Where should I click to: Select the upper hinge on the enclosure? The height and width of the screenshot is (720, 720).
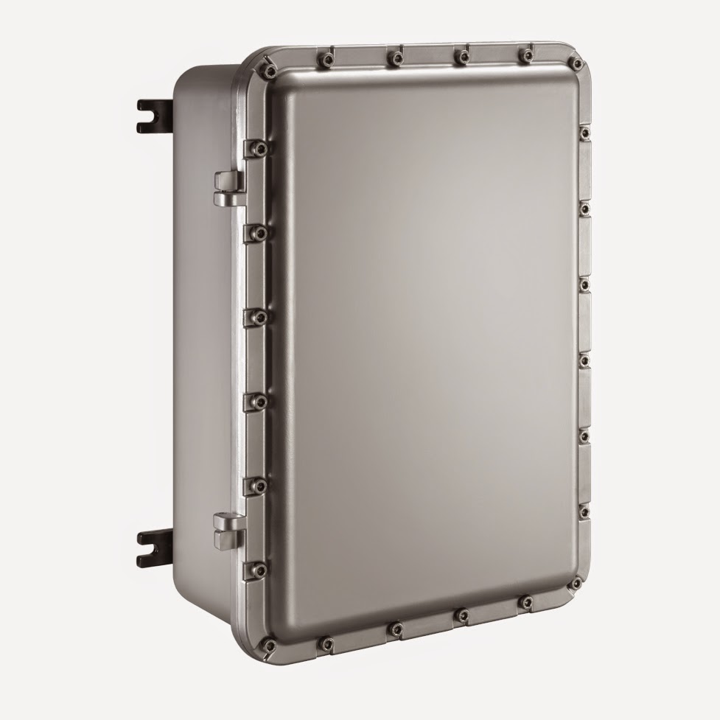pyautogui.click(x=229, y=187)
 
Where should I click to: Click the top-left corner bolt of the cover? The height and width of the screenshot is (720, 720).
pyautogui.click(x=268, y=69)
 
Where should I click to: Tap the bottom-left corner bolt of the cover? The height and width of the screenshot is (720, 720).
pyautogui.click(x=270, y=646)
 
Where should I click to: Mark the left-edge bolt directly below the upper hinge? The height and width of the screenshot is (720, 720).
pyautogui.click(x=255, y=233)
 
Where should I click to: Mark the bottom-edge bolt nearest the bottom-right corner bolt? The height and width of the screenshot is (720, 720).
pyautogui.click(x=524, y=604)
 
